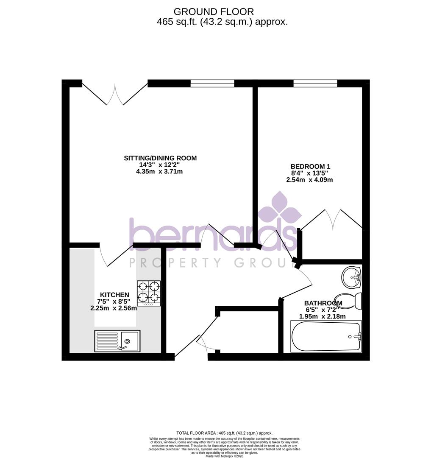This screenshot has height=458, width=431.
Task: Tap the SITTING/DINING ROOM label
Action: (160, 158)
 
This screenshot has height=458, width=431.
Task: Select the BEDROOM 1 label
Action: (310, 167)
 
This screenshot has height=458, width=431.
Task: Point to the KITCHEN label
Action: (114, 295)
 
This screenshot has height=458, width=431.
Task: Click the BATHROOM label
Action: (323, 303)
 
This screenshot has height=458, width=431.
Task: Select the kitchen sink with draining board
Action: (117, 341)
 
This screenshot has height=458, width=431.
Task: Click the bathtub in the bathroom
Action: (325, 336)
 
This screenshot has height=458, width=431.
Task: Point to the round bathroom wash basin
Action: (351, 277)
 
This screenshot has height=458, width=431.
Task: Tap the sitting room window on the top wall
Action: (212, 83)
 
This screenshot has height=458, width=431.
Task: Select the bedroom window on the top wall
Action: (315, 83)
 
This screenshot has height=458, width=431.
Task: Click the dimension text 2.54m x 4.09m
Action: (309, 180)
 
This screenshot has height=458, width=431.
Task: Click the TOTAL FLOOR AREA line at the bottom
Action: (224, 433)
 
